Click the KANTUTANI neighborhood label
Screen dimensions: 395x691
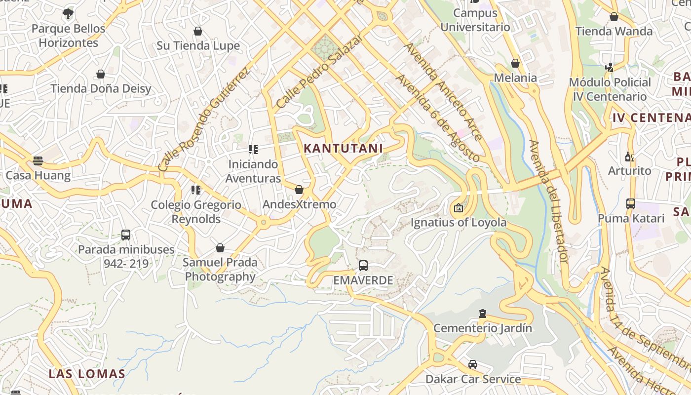[x=344, y=148]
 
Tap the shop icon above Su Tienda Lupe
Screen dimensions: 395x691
[x=198, y=32]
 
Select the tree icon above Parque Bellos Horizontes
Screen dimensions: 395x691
[x=68, y=14]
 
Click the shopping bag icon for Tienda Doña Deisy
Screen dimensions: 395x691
[x=101, y=74]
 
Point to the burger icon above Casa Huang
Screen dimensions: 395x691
[x=38, y=160]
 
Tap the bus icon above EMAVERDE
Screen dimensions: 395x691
[x=363, y=266]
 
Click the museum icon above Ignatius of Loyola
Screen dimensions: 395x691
[x=459, y=208]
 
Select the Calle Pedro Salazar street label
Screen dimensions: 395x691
[x=320, y=71]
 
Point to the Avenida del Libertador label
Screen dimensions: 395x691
[x=549, y=201]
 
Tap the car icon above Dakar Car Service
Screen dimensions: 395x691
[x=473, y=364]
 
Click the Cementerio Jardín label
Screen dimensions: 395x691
[x=483, y=328]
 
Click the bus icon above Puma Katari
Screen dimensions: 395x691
[x=630, y=203]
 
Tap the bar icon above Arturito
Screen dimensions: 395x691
[x=629, y=157]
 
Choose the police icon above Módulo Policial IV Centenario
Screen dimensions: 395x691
[x=610, y=67]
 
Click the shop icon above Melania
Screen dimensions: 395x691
[x=515, y=63]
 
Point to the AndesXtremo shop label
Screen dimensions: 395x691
[x=299, y=204]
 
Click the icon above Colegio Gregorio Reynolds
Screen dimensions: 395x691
[x=196, y=190]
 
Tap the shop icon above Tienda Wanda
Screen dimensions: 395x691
[x=614, y=17]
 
